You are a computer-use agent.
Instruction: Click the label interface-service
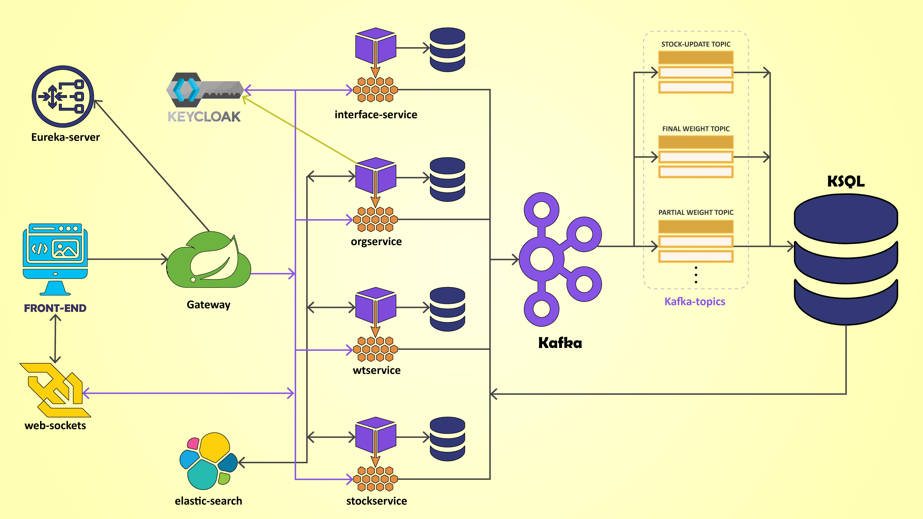(x=376, y=115)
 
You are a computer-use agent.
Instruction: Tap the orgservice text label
(x=376, y=242)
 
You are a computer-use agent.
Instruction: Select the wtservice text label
(x=377, y=370)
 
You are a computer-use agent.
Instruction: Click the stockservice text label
(x=377, y=501)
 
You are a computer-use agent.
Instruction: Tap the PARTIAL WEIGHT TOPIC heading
(x=695, y=212)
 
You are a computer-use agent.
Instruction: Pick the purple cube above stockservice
(x=375, y=434)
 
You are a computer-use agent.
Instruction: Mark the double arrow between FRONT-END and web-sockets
(x=55, y=338)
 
